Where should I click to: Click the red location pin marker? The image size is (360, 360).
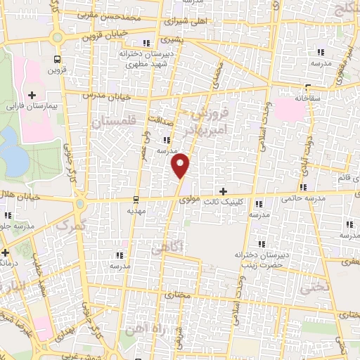click(181, 165)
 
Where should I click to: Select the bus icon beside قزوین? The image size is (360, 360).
click(56, 60)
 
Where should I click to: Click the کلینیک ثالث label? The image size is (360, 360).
click(221, 201)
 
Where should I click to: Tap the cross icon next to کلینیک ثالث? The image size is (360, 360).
click(223, 191)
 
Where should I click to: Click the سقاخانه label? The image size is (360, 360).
click(307, 98)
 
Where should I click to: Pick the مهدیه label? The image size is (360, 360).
click(136, 210)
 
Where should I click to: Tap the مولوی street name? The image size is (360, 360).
click(190, 200)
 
